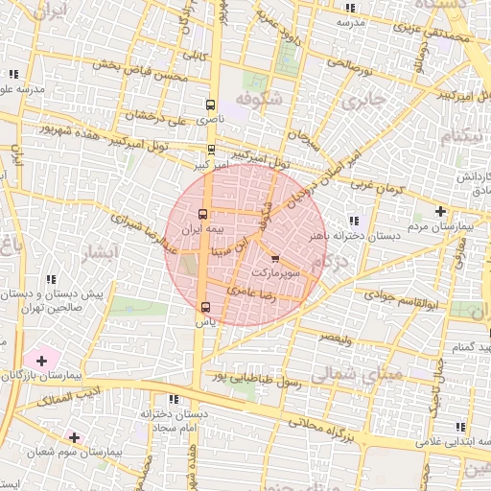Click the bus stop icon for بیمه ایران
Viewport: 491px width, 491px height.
(x=202, y=215)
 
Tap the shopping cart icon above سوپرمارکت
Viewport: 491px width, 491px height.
(x=275, y=259)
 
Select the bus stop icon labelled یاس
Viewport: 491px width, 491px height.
(x=204, y=308)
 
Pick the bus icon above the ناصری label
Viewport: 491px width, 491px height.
(x=211, y=105)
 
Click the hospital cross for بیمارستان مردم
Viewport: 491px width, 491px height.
(x=440, y=211)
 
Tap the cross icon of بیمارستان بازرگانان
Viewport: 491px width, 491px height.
(x=41, y=360)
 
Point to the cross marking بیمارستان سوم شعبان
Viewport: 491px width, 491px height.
(x=74, y=437)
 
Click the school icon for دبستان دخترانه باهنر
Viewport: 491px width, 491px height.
(x=355, y=221)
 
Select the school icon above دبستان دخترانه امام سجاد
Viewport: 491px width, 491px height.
(x=173, y=399)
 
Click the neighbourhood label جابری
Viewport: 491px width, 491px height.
(x=365, y=100)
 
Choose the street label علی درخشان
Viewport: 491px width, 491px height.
(x=155, y=116)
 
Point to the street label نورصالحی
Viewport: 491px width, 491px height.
(x=348, y=66)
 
